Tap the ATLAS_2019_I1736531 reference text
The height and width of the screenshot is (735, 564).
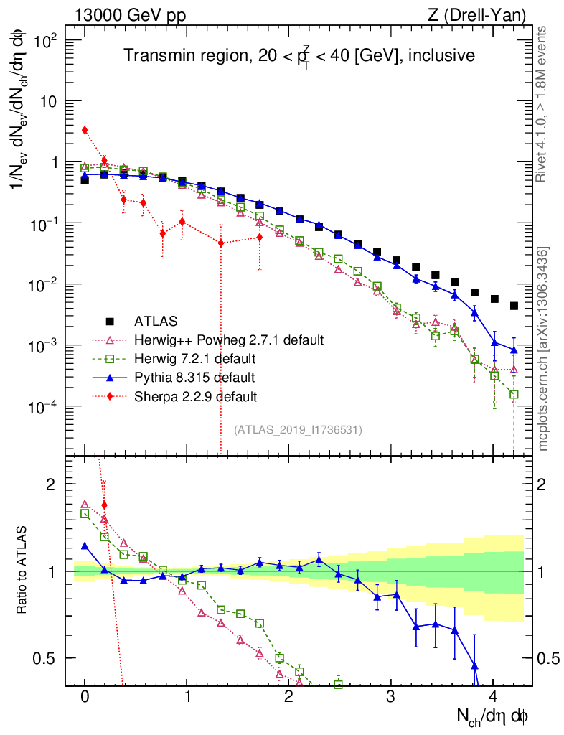click(x=298, y=430)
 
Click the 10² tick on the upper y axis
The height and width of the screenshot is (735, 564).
click(x=46, y=40)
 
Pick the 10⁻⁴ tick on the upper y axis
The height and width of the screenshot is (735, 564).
click(x=46, y=408)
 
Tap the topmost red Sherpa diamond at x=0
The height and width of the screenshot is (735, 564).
click(x=85, y=130)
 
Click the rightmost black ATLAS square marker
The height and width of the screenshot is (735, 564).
click(x=514, y=306)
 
